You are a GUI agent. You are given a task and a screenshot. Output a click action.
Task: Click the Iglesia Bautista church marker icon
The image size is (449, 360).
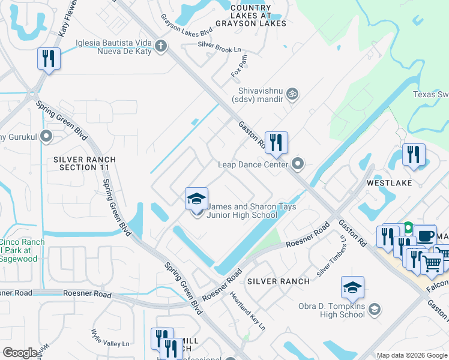click(160, 46)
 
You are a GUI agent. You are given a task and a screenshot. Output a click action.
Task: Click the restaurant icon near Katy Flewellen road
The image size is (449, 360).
click(48, 59)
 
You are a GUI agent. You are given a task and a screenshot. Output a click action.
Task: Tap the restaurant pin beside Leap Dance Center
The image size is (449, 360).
click(276, 143)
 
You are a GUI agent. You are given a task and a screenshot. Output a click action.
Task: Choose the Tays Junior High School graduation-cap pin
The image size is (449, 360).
click(196, 199)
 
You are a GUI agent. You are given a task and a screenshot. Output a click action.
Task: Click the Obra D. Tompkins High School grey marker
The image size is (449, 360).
click(374, 310)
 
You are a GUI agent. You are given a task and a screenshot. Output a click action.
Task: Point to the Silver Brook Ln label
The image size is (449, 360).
click(223, 45)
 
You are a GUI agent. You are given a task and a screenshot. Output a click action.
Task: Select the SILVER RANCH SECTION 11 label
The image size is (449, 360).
click(84, 163)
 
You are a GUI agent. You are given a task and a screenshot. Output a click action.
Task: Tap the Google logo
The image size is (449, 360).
click(20, 353)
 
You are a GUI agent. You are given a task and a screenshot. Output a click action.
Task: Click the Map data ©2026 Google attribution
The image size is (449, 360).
click(411, 355)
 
